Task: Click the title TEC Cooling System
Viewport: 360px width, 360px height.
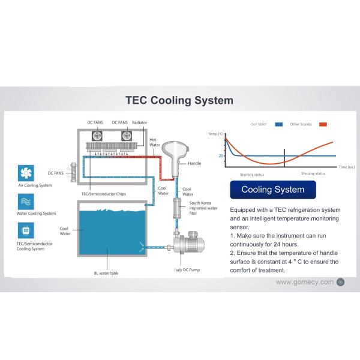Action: (179, 100)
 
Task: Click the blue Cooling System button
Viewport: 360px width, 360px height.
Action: (273, 190)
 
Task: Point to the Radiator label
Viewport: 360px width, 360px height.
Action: (139, 122)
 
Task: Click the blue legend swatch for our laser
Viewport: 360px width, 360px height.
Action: (279, 125)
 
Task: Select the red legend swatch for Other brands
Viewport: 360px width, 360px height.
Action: (323, 125)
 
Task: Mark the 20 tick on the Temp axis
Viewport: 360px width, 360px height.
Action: (221, 156)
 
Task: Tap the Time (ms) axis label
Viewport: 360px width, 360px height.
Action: (346, 167)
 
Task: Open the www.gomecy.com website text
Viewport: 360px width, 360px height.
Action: (304, 282)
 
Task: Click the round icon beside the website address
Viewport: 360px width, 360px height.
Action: (340, 282)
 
